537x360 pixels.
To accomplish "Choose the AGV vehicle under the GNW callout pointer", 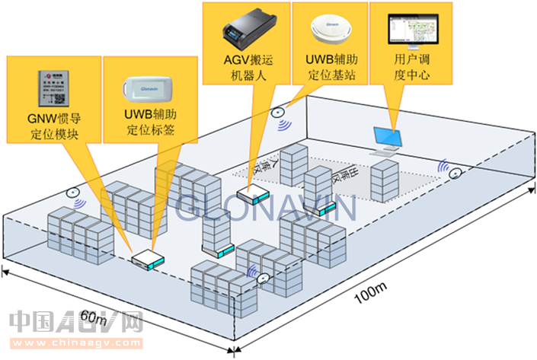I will pyautogui.click(x=147, y=260).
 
